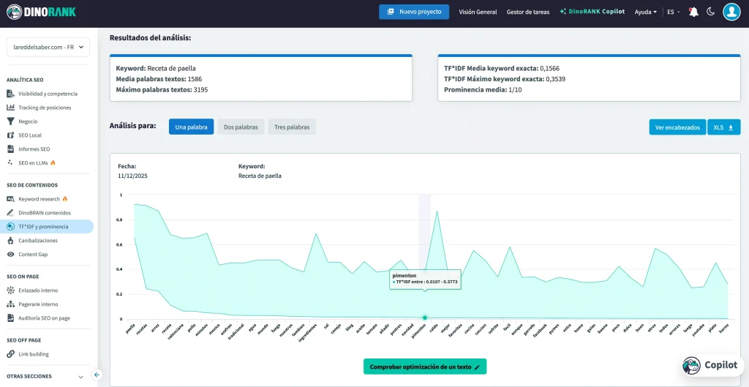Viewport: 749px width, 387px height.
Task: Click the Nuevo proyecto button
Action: [414, 12]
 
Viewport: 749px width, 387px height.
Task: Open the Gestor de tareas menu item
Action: [527, 12]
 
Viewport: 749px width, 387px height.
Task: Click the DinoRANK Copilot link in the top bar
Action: [592, 12]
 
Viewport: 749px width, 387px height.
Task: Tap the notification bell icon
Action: [693, 12]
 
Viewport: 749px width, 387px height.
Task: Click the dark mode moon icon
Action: [710, 12]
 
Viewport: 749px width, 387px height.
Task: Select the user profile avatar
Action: [731, 12]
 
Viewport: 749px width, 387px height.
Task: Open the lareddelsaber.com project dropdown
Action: [48, 48]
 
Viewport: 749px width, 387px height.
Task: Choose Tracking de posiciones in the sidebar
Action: [45, 108]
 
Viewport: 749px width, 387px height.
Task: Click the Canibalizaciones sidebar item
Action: [37, 241]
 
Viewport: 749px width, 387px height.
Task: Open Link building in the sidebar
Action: [34, 354]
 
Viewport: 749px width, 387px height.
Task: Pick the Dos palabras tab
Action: [241, 127]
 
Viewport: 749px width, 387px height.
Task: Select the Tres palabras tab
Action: [292, 127]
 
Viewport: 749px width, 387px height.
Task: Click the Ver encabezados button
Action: [677, 127]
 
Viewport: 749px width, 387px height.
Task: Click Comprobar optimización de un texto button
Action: [424, 367]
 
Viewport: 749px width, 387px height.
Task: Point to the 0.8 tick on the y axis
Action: [121, 219]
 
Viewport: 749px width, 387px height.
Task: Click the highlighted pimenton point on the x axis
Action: [424, 318]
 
